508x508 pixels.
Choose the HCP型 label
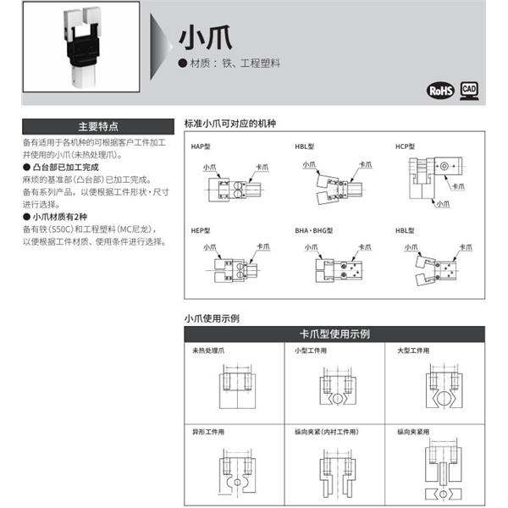[x=406, y=147]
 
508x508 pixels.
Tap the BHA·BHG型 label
[x=314, y=230]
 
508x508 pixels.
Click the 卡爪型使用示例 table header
[x=334, y=334]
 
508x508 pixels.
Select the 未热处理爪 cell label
[x=210, y=351]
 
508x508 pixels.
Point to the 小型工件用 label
[x=311, y=351]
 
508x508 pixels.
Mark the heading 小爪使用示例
[x=212, y=318]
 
